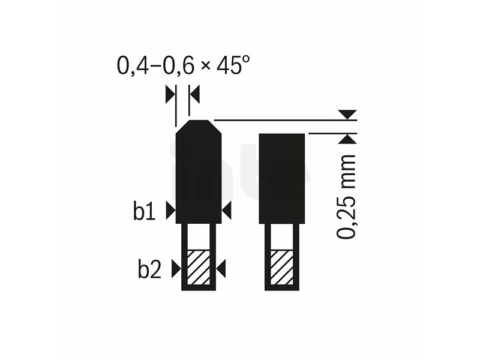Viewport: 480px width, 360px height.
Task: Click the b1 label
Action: tap(144, 211)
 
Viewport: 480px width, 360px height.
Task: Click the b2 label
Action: tap(149, 269)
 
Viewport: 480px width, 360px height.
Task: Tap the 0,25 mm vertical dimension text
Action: tap(347, 197)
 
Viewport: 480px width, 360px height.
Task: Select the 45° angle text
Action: tap(233, 65)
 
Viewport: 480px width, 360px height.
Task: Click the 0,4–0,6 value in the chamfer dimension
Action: tap(155, 65)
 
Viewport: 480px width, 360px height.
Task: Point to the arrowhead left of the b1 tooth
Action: tap(171, 211)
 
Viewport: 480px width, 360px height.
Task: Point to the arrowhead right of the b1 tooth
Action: tap(227, 211)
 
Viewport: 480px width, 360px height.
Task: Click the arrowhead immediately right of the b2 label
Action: tap(176, 269)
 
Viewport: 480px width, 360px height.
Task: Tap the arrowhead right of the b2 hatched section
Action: tap(221, 269)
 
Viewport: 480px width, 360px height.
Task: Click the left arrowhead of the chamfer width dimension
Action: tap(170, 95)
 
